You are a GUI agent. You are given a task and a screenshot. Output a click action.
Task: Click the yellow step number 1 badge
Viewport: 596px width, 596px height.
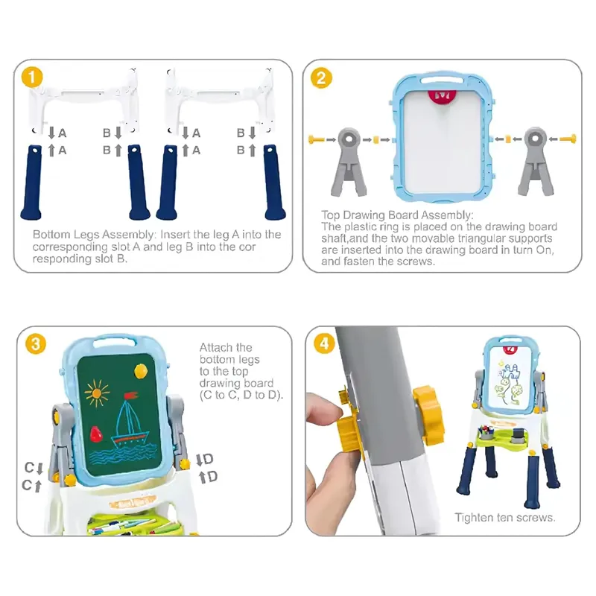32,77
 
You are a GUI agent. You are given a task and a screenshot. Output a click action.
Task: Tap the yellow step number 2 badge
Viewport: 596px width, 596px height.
321,78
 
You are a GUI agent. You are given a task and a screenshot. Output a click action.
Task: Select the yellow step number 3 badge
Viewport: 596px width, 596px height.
35,344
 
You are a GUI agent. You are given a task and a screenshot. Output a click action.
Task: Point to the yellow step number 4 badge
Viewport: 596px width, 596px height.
324,343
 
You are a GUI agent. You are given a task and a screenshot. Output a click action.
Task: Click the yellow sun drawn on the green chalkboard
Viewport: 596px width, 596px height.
97,393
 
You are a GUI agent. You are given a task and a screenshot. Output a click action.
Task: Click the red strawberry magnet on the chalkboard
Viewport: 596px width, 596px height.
96,434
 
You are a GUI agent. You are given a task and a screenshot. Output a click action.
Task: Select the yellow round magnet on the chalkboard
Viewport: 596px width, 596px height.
141,370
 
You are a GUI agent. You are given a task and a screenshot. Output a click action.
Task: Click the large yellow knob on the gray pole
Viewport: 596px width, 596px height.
430,416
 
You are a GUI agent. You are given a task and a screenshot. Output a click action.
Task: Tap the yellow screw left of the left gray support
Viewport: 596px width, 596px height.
316,140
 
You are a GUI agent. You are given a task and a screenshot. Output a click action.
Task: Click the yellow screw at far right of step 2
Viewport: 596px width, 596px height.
568,139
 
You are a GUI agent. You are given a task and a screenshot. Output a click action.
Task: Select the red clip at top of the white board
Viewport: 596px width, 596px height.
442,96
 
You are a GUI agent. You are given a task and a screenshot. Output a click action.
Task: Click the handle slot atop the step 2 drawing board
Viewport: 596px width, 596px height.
442,80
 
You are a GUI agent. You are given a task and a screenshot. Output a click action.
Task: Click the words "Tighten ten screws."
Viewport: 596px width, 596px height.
505,517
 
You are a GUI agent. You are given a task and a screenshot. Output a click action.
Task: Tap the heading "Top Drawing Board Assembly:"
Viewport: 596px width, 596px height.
397,215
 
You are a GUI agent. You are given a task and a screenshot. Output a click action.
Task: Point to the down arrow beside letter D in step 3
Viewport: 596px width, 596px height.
199,460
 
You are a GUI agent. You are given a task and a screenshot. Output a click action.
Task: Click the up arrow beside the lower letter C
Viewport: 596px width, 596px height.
37,486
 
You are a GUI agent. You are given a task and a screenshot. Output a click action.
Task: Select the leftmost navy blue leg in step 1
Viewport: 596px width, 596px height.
31,182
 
